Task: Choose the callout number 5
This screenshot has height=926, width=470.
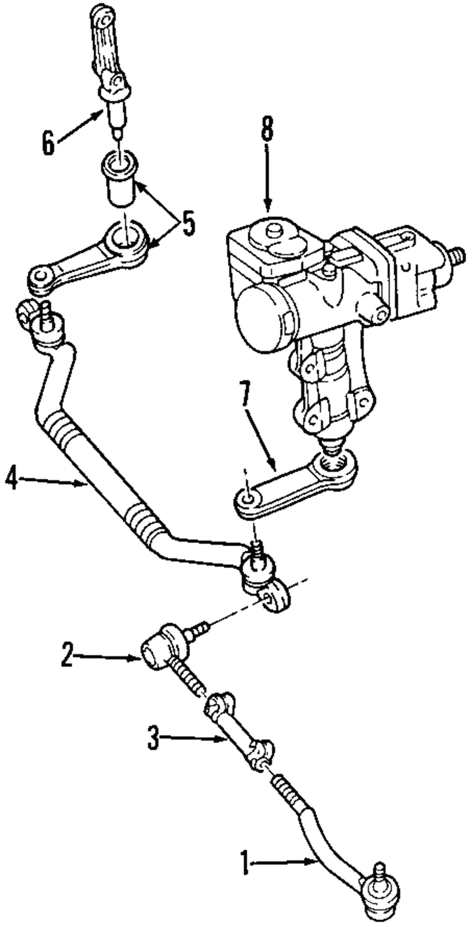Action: pos(188,223)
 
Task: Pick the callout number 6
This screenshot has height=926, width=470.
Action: pos(49,141)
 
